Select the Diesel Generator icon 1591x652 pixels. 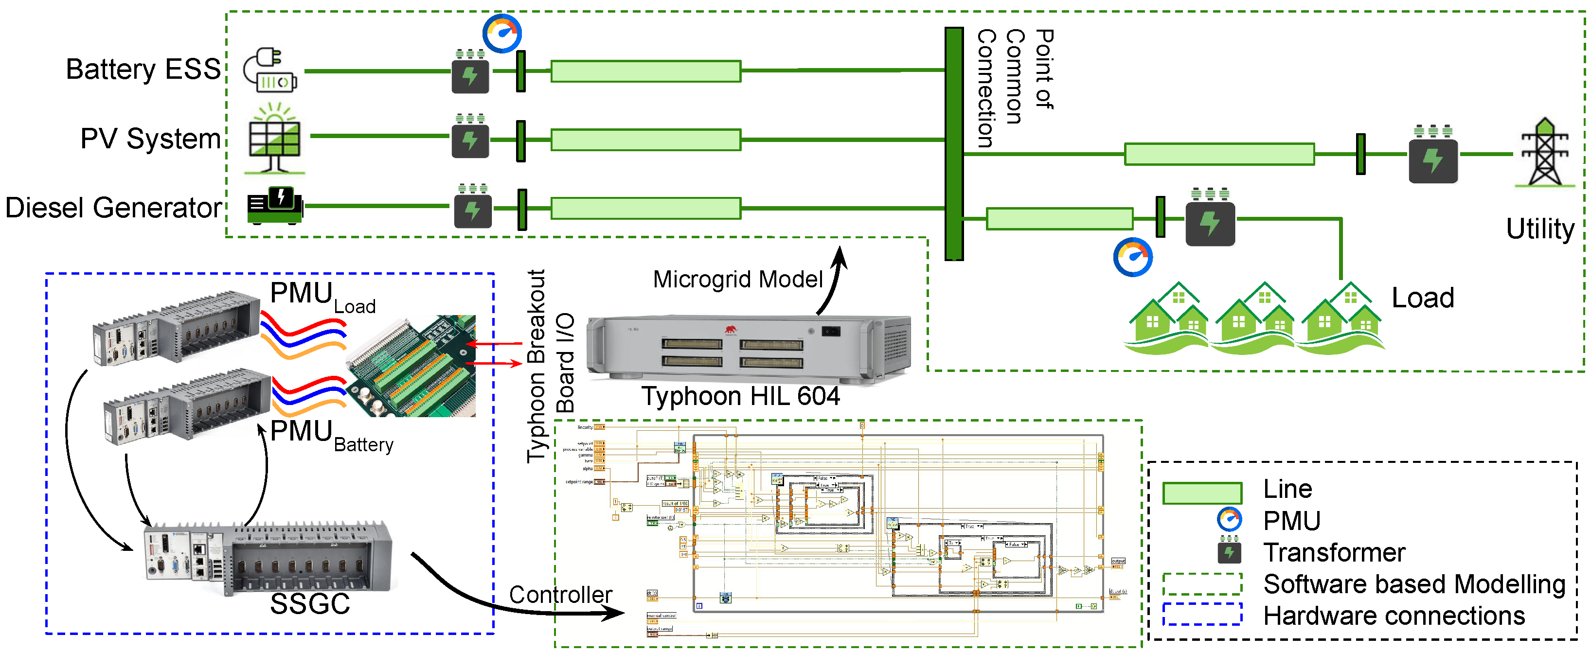274,206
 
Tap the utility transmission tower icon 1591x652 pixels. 1545,153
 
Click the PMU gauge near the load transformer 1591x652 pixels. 1132,257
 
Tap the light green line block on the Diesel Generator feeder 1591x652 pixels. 645,208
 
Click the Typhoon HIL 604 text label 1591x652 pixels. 740,396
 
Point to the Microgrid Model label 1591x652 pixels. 737,280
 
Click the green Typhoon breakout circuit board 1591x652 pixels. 412,366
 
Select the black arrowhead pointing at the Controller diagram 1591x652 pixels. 614,613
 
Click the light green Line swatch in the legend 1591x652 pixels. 1201,493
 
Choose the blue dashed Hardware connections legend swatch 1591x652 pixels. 1201,615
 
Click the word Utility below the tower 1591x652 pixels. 1540,229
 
